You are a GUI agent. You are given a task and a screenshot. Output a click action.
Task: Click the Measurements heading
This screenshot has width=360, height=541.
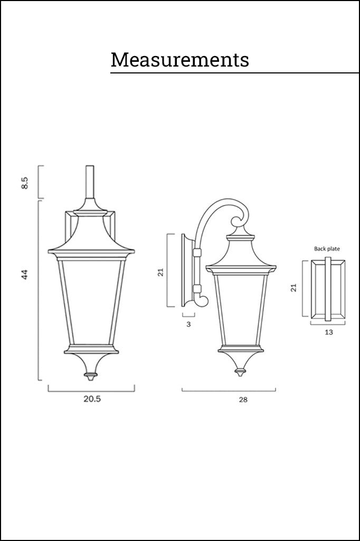click(x=179, y=60)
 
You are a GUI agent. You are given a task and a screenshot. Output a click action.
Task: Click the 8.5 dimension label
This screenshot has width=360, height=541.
click(x=24, y=182)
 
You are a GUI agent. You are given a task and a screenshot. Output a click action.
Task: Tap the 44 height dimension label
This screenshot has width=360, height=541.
click(x=24, y=274)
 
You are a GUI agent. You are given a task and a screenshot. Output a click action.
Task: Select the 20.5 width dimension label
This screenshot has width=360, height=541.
click(x=92, y=399)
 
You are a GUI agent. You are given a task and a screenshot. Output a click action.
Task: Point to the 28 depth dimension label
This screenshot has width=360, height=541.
click(x=243, y=399)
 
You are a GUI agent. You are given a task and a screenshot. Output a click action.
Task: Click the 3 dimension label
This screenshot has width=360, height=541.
click(x=188, y=324)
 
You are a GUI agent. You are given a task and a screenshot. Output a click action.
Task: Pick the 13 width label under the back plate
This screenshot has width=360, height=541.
click(x=329, y=332)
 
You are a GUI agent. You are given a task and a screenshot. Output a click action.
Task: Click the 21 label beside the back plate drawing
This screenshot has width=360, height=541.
click(x=293, y=288)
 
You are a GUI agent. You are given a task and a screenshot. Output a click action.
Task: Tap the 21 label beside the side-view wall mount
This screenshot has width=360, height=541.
click(x=160, y=272)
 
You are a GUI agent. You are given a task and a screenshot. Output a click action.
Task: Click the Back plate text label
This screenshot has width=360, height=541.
click(x=327, y=248)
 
